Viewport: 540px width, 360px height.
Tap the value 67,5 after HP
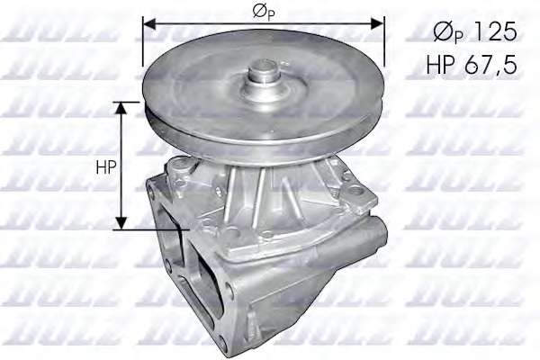click(x=490, y=65)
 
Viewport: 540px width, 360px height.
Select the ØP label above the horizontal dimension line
click(x=265, y=12)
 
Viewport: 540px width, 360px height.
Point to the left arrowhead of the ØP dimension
click(x=150, y=23)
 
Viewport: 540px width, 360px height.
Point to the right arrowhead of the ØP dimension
click(x=377, y=23)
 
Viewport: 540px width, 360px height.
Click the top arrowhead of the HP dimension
click(x=121, y=108)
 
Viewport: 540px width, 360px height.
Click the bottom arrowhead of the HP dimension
click(x=121, y=222)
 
